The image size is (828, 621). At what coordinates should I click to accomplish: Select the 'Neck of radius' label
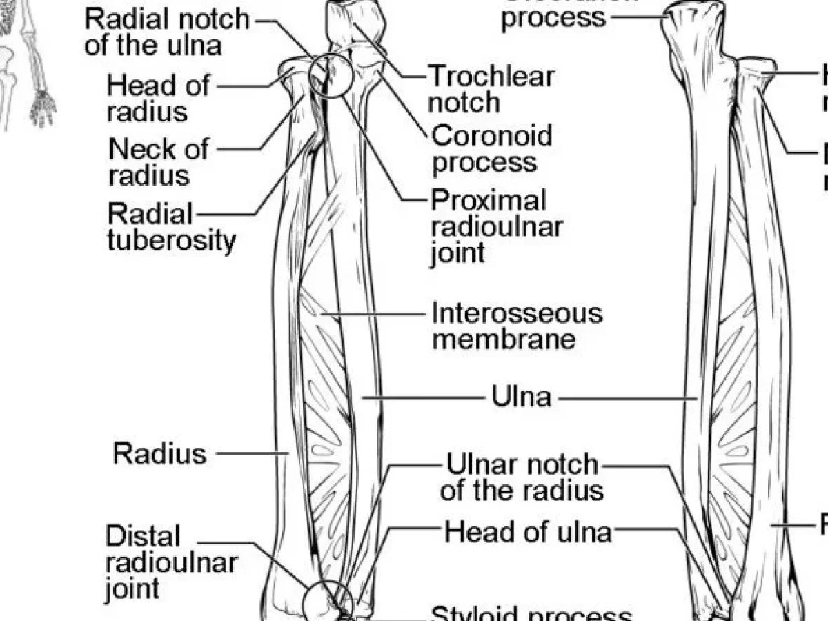[159, 161]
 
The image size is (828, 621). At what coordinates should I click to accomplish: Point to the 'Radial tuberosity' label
[171, 227]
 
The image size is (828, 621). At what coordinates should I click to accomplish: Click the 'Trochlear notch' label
[491, 89]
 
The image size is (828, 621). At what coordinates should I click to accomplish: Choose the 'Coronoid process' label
[491, 148]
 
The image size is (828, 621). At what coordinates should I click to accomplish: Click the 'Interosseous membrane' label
[516, 326]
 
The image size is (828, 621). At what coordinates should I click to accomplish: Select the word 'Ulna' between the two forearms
[521, 397]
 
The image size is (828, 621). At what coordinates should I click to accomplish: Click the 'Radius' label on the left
[159, 453]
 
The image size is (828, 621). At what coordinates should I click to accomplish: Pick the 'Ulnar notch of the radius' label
[522, 477]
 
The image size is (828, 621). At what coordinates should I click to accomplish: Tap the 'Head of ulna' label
[528, 532]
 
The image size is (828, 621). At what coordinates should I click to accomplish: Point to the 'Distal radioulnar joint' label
[170, 562]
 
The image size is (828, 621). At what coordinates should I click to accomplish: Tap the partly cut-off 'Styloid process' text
[531, 613]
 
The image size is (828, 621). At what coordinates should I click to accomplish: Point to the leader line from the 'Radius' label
[253, 453]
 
